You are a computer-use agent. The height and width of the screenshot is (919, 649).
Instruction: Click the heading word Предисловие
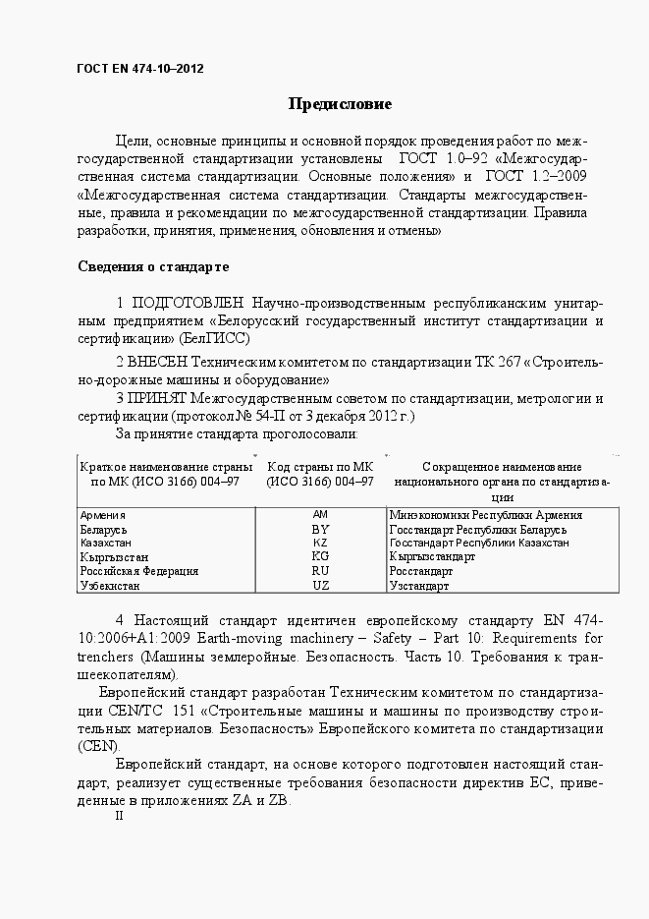point(340,103)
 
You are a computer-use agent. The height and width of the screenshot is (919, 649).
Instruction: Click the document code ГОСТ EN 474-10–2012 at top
point(140,69)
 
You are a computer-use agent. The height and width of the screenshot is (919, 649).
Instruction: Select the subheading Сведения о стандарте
point(153,266)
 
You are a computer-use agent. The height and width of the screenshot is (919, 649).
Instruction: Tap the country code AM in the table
point(320,515)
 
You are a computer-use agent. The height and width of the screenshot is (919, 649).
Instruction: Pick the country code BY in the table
point(320,529)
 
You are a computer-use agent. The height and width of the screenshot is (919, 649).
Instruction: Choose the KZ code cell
point(320,543)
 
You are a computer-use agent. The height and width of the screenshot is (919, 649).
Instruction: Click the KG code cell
point(320,556)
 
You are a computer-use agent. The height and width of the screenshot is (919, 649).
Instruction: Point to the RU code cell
point(320,570)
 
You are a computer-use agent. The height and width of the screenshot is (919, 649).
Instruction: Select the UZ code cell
point(320,585)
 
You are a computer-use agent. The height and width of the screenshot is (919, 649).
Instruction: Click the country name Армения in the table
point(102,515)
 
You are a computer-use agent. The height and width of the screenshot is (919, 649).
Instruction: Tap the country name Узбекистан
point(110,586)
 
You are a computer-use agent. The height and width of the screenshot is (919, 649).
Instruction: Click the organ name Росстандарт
point(421,571)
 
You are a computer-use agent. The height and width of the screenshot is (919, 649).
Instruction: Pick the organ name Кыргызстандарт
point(432,557)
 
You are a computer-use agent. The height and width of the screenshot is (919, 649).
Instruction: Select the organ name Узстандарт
point(419,586)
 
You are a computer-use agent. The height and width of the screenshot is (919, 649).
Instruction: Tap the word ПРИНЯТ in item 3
point(159,398)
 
